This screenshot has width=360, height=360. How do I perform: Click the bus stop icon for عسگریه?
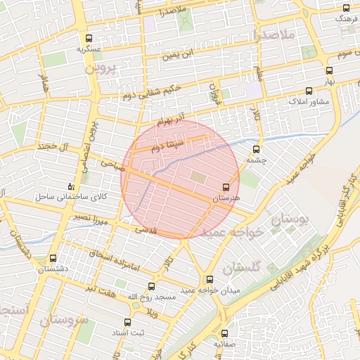pyautogui.click(x=89, y=39)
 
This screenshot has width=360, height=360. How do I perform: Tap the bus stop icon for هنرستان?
pyautogui.click(x=226, y=187)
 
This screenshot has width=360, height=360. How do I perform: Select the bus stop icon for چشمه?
pyautogui.click(x=255, y=149)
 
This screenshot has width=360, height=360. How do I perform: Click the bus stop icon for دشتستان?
pyautogui.click(x=53, y=258)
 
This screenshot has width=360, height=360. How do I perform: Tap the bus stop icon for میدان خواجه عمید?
pyautogui.click(x=209, y=279)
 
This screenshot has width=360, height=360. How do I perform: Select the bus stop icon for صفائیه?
pyautogui.click(x=225, y=333)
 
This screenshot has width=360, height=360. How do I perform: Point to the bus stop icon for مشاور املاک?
pyautogui.click(x=309, y=91)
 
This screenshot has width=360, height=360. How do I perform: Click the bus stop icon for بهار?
pyautogui.click(x=330, y=70)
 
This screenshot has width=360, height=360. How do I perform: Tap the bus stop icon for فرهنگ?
pyautogui.click(x=345, y=8)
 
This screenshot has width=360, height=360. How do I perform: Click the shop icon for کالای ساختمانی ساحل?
pyautogui.click(x=70, y=186)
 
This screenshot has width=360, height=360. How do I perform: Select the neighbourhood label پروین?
pyautogui.click(x=99, y=69)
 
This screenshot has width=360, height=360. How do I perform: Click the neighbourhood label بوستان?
pyautogui.click(x=290, y=220)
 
